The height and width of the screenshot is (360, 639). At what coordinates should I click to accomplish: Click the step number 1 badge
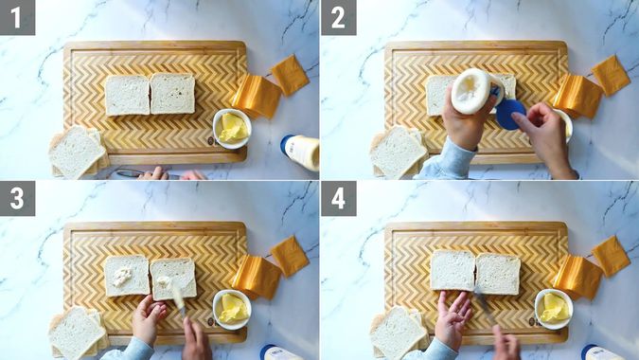point(18,18)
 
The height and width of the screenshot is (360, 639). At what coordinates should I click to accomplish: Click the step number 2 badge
point(338,18)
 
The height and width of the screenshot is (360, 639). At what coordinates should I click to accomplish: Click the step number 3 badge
point(18,199)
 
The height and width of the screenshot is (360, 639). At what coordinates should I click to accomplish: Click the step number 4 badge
point(338,199)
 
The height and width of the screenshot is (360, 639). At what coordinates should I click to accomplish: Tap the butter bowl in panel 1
point(232,129)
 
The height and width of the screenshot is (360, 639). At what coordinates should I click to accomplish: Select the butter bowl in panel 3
point(232,310)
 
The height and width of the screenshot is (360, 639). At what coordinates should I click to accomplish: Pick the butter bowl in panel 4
point(554,309)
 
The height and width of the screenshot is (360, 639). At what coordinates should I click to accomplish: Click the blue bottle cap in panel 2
point(510,115)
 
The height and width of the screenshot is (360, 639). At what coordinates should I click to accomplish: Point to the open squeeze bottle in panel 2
point(474,91)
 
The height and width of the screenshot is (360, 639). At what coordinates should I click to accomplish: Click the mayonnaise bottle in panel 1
point(300,152)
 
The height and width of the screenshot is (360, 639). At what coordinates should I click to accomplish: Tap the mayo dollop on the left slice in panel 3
point(122,276)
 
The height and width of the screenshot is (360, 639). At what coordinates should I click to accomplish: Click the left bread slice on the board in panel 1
point(128,95)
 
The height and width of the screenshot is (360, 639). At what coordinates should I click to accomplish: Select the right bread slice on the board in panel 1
point(172,94)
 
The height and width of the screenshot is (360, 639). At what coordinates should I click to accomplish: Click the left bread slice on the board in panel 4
point(453,271)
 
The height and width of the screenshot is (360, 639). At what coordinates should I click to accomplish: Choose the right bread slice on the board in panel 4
point(498,274)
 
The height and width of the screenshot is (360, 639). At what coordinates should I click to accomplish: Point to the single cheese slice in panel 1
point(291,75)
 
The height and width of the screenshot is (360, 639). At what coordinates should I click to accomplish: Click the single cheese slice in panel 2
point(611,75)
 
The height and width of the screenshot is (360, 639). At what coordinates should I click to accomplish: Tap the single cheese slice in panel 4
point(611,257)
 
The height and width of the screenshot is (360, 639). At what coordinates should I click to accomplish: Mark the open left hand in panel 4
point(453,316)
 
